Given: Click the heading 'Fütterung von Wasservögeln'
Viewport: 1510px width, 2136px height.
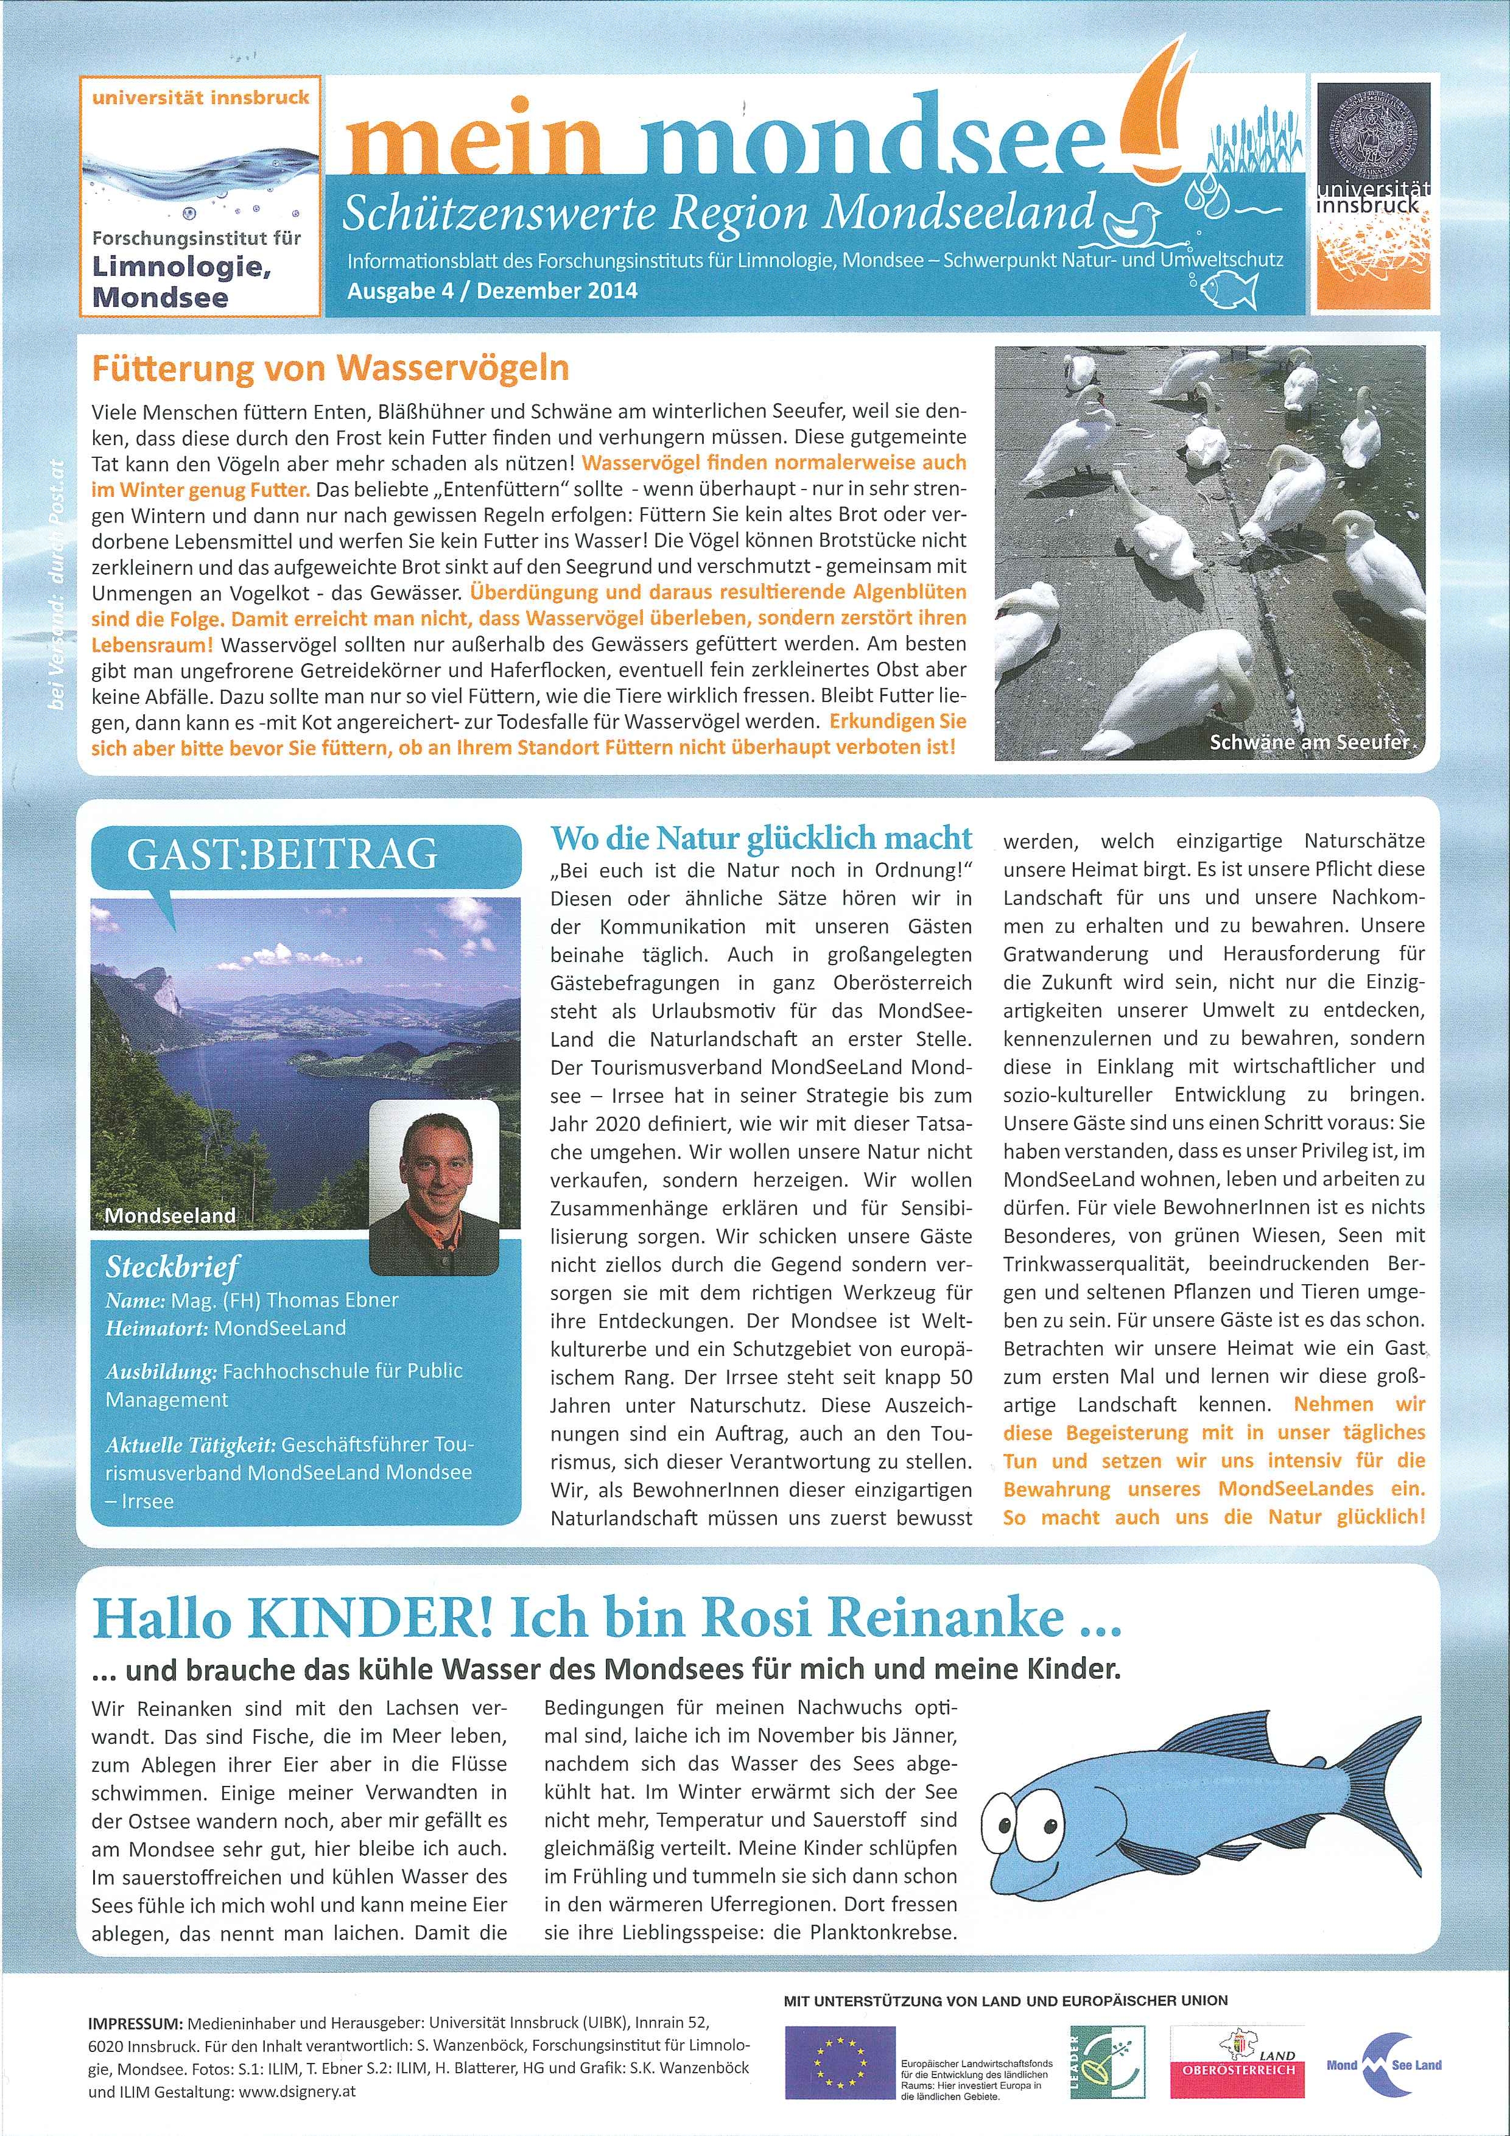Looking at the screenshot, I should pyautogui.click(x=329, y=370).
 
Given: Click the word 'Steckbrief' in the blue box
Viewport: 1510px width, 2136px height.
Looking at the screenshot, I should pyautogui.click(x=172, y=1267).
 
